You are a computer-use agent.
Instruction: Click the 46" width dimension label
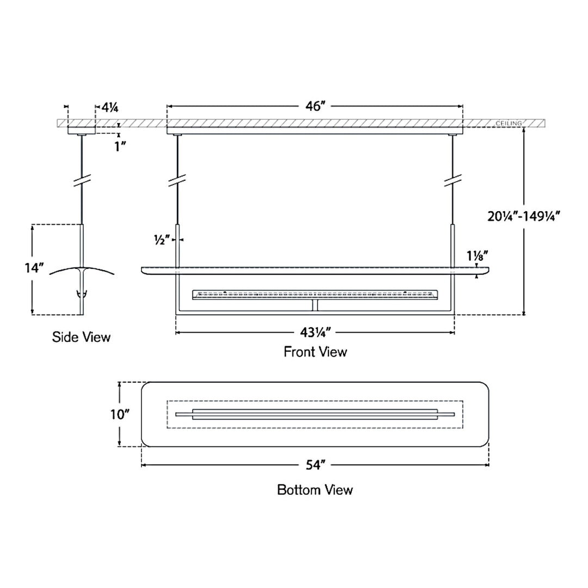coord(314,107)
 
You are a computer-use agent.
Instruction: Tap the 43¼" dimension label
coord(315,333)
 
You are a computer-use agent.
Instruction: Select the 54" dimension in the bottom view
coord(315,465)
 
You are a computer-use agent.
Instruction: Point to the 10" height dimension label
coord(120,414)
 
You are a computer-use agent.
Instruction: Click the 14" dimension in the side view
coord(34,268)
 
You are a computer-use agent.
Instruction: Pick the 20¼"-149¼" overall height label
coord(524,216)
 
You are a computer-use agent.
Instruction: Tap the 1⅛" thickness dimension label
coord(477,256)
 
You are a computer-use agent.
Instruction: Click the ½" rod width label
coord(162,240)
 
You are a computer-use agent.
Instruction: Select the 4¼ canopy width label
coord(110,108)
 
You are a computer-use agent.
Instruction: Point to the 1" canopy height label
coord(120,146)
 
